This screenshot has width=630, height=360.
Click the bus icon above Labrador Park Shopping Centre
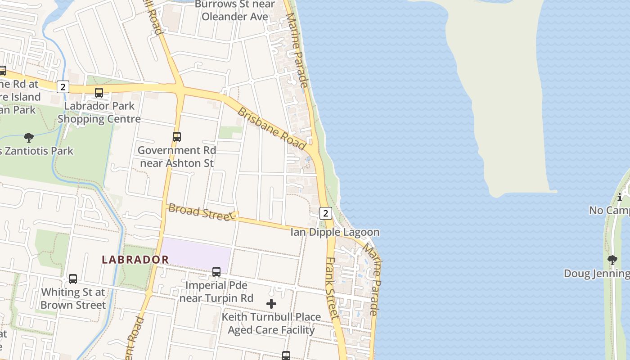click(x=99, y=93)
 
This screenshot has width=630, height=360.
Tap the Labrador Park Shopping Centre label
click(x=99, y=112)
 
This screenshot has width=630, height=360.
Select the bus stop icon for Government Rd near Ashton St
click(x=177, y=137)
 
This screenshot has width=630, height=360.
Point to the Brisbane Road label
click(x=272, y=128)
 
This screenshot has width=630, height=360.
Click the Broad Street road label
click(x=202, y=212)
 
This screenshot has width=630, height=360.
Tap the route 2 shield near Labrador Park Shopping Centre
click(x=63, y=87)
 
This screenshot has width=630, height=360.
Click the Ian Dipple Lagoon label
click(x=335, y=232)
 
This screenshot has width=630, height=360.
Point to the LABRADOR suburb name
click(x=135, y=260)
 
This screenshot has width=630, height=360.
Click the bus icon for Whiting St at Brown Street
click(x=73, y=279)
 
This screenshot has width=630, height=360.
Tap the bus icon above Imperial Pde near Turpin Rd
click(x=216, y=272)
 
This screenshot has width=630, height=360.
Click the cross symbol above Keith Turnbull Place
click(x=271, y=304)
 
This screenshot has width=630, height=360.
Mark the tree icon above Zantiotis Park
click(x=29, y=137)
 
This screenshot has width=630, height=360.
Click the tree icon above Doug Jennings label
click(x=612, y=260)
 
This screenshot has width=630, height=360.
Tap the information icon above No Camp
click(x=620, y=197)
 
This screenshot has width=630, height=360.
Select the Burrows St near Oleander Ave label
click(x=234, y=10)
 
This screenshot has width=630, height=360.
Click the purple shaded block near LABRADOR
click(x=196, y=253)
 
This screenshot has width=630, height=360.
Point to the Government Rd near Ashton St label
click(x=177, y=156)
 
